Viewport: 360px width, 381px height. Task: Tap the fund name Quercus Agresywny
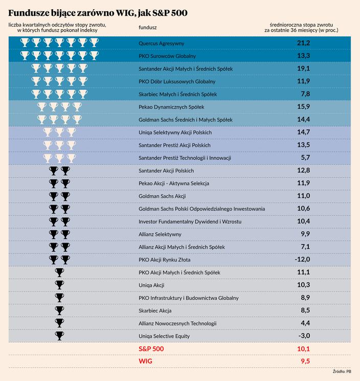tap(162, 43)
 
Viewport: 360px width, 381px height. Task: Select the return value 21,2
tap(303, 43)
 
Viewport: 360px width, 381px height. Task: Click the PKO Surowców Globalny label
tap(167, 56)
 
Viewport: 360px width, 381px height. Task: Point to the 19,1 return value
tap(303, 68)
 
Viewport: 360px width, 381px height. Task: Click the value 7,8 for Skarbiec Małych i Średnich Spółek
tap(305, 94)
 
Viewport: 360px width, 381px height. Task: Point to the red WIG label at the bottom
tap(146, 361)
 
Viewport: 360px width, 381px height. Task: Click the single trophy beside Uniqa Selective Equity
tap(59, 336)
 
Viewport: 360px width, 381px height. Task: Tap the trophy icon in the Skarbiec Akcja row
tap(59, 310)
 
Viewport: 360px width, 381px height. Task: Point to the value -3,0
tap(303, 336)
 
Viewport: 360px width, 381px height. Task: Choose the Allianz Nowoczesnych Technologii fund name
tap(177, 323)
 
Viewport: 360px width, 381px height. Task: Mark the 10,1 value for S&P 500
tap(303, 349)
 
